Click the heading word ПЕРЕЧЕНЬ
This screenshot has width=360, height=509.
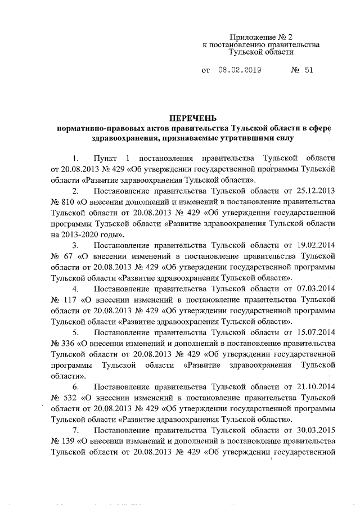click(x=193, y=118)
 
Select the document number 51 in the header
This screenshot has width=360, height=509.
click(x=308, y=71)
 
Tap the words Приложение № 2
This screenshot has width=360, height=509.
click(x=260, y=35)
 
